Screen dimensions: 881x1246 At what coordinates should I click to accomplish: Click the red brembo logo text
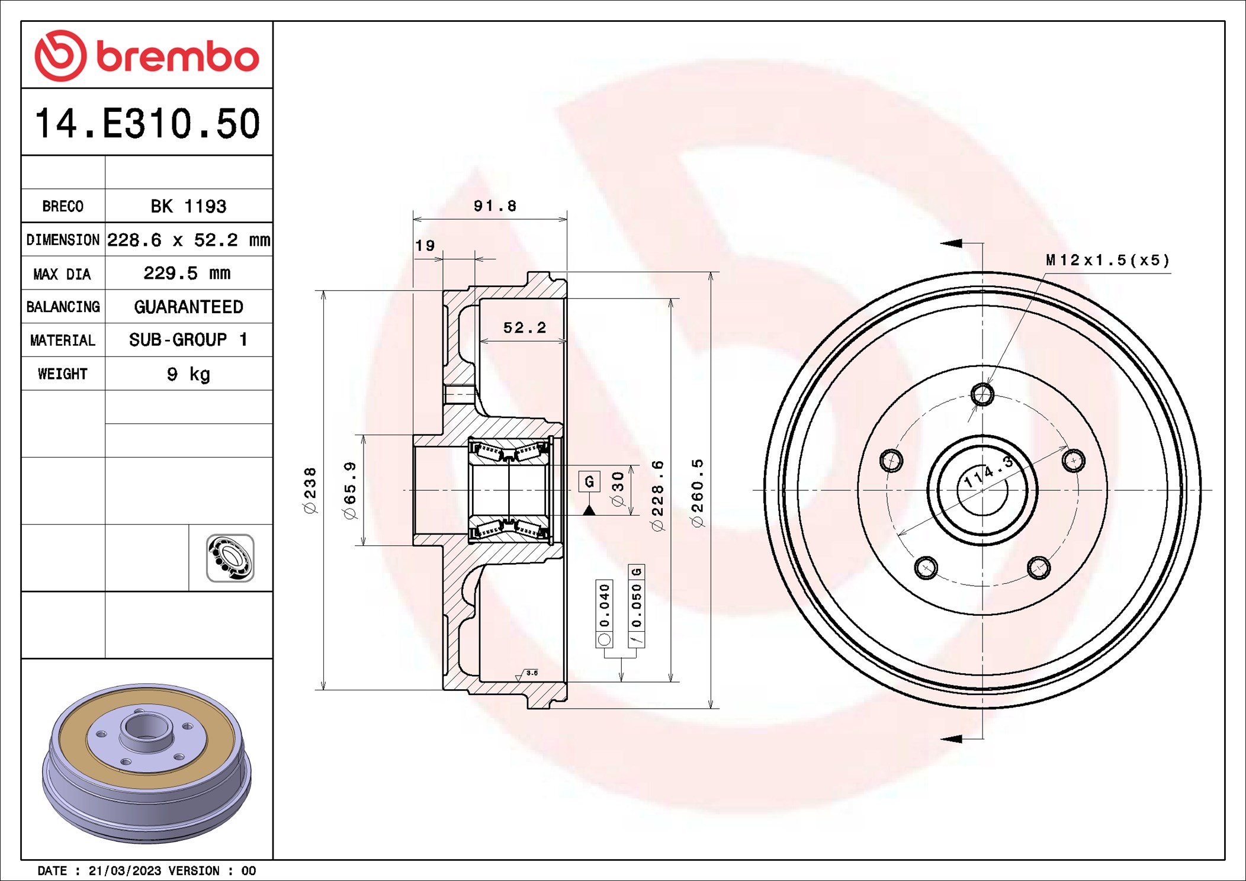177,57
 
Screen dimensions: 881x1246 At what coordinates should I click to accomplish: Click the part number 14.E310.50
147,124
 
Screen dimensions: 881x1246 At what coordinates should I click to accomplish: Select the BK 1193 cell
188,206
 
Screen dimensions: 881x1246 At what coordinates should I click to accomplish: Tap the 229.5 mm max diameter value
187,273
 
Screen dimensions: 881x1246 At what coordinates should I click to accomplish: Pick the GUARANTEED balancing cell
188,307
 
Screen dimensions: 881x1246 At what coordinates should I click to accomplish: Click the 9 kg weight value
188,374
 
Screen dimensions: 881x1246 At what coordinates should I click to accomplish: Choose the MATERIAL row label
63,340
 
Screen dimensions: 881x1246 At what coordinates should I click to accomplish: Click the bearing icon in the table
230,558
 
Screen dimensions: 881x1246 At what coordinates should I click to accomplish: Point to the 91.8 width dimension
494,206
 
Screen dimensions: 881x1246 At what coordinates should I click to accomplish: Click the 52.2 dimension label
524,327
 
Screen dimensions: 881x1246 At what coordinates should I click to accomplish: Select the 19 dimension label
425,245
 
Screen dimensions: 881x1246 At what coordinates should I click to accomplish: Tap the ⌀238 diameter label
310,490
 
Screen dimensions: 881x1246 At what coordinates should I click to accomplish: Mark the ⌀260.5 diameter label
698,493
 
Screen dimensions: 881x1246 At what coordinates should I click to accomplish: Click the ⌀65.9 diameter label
350,490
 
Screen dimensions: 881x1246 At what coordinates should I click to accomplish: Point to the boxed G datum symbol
589,481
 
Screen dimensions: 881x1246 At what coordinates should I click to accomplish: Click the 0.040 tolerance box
604,613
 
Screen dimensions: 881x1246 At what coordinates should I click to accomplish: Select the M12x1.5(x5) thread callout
1107,260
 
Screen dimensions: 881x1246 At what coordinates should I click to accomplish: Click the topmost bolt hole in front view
982,394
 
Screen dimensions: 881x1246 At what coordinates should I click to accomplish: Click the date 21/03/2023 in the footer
124,870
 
